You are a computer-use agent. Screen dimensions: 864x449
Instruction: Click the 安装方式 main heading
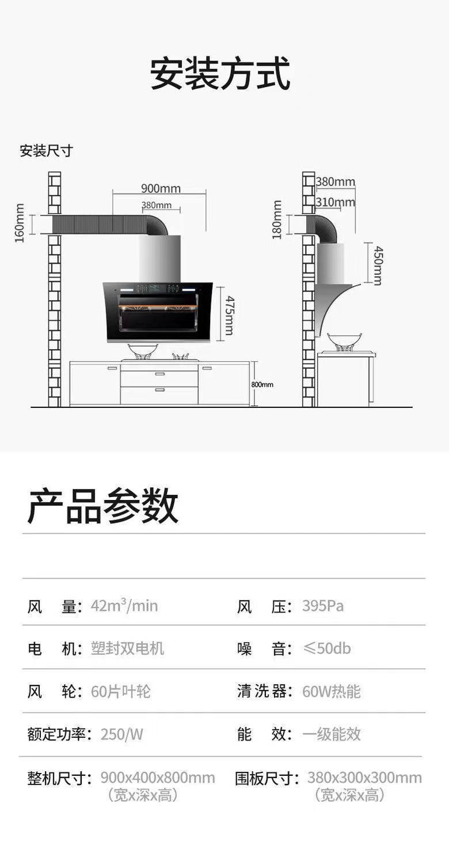pyautogui.click(x=220, y=73)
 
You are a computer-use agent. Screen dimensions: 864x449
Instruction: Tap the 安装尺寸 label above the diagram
pyautogui.click(x=46, y=151)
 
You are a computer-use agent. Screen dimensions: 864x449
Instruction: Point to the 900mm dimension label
pyautogui.click(x=161, y=188)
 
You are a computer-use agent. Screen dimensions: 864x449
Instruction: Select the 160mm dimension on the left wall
pyautogui.click(x=20, y=223)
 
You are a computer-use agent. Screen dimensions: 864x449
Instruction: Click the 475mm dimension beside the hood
pyautogui.click(x=229, y=315)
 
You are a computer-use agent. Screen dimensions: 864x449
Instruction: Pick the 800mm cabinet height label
pyautogui.click(x=262, y=384)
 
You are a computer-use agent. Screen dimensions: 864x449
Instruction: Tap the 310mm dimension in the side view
pyautogui.click(x=335, y=202)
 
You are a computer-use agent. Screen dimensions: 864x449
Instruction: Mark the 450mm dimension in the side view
pyautogui.click(x=378, y=265)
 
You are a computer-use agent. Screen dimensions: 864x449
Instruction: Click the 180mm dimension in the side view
pyautogui.click(x=277, y=219)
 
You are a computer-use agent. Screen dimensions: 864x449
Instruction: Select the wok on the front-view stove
pyautogui.click(x=142, y=350)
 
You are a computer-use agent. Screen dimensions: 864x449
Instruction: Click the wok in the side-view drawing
pyautogui.click(x=344, y=341)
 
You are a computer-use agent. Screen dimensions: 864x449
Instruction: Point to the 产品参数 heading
pyautogui.click(x=103, y=505)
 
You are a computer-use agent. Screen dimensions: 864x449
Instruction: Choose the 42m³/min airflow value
pyautogui.click(x=124, y=606)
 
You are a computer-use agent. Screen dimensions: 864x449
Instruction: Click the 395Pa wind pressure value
pyautogui.click(x=322, y=606)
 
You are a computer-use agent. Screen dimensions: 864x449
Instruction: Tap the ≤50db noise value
pyautogui.click(x=326, y=649)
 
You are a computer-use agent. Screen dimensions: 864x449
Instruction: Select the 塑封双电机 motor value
pyautogui.click(x=127, y=649)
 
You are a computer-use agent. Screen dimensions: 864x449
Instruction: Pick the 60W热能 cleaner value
pyautogui.click(x=331, y=691)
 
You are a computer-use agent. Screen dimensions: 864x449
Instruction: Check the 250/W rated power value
pyautogui.click(x=121, y=734)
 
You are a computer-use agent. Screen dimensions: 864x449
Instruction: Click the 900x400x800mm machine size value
pyautogui.click(x=157, y=778)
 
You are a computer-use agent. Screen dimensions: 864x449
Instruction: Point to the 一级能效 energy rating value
pyautogui.click(x=331, y=734)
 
